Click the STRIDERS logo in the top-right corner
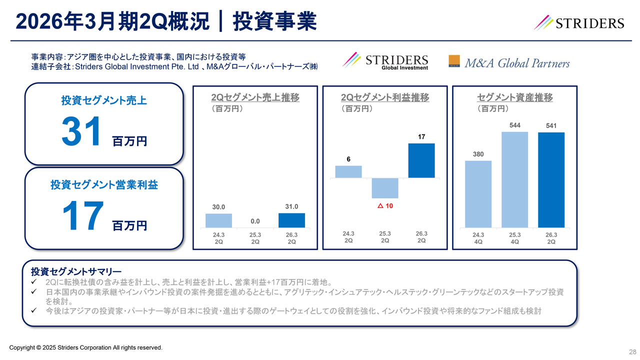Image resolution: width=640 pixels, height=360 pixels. pos(579,22)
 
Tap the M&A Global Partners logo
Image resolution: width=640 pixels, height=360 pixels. pos(509,62)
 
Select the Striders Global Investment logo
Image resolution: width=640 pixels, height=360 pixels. pos(385,61)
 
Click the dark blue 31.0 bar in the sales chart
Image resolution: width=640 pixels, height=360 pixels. pos(291,220)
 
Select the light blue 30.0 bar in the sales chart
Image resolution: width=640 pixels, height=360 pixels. pos(218,220)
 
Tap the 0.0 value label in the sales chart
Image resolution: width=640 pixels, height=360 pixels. pos(255,220)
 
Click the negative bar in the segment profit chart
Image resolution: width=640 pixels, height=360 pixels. pos(385,188)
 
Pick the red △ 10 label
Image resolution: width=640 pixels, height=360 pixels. pos(385,206)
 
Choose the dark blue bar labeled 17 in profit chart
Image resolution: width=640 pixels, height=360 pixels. pos(421,160)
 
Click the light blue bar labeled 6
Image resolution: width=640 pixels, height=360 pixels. pos(348,171)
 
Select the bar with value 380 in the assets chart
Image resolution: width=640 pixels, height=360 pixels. pos(478,194)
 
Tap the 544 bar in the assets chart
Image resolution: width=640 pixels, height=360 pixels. pos(514,179)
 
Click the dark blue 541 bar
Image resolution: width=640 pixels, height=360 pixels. pos(551,180)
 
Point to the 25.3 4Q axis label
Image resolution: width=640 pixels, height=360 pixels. pos(514,237)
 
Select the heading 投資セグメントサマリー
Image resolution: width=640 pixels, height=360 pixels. pos(76,271)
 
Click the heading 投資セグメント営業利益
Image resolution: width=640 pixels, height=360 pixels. pos(104,185)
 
